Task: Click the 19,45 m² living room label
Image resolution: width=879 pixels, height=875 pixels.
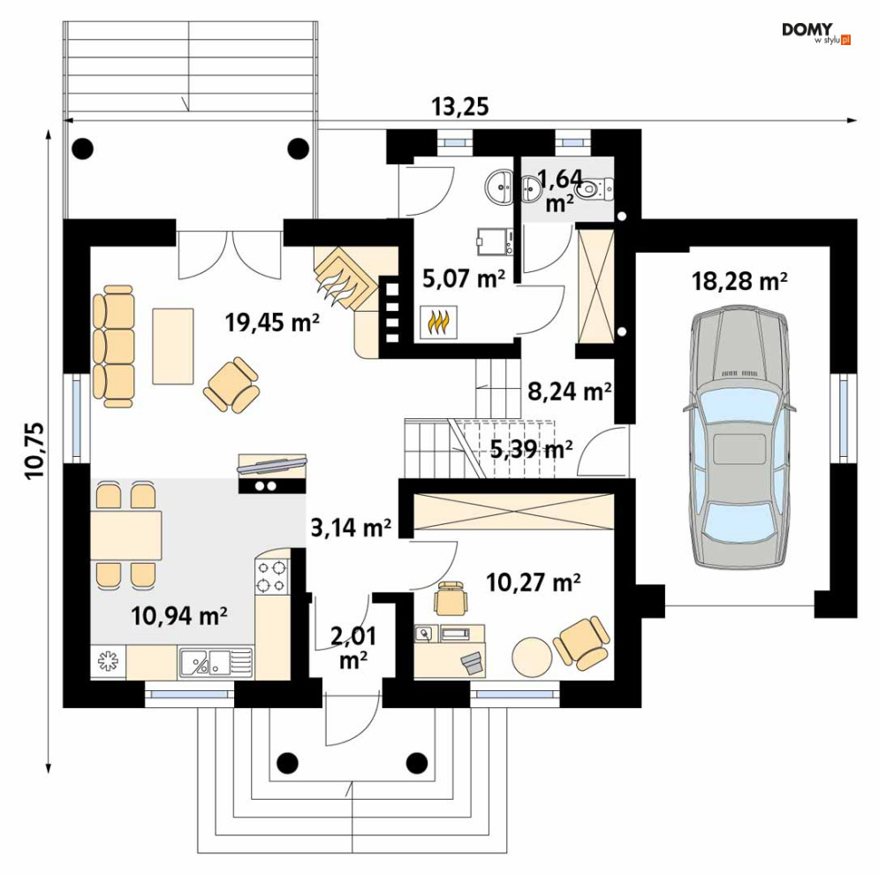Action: [x=272, y=322]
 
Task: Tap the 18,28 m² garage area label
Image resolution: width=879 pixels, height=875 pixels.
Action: [x=739, y=280]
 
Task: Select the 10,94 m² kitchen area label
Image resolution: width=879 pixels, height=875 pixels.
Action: [x=178, y=616]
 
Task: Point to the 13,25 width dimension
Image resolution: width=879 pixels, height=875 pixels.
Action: [x=459, y=106]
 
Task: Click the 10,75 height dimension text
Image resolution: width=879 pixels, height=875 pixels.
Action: [x=34, y=449]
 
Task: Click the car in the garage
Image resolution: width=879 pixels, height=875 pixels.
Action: [x=739, y=437]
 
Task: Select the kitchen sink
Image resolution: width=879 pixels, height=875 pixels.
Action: [x=216, y=662]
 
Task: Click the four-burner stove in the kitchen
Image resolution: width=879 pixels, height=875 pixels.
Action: [x=272, y=577]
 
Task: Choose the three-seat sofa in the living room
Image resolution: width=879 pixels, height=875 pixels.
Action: [x=114, y=346]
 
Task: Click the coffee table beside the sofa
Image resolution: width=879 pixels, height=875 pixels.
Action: [x=173, y=346]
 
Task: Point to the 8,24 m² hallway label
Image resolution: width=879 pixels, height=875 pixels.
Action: [x=570, y=392]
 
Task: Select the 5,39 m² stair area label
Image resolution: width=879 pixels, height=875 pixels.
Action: [x=532, y=449]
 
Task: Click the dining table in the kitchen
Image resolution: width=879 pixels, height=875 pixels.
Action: [x=126, y=536]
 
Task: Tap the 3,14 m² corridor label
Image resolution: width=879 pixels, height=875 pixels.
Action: [x=351, y=528]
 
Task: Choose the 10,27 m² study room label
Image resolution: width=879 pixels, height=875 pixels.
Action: [x=533, y=582]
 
